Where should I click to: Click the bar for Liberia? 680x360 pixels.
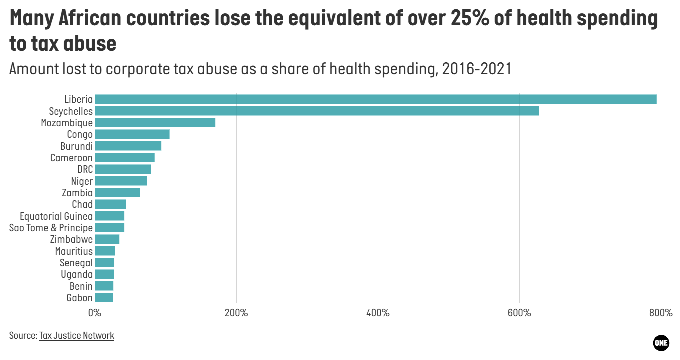pos(375,99)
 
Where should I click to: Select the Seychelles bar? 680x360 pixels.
pos(316,111)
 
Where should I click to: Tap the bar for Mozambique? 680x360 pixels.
pos(155,123)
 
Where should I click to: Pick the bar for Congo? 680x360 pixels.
pos(132,134)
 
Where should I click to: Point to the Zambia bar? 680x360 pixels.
pos(117,193)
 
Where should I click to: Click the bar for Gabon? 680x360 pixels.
pos(104,298)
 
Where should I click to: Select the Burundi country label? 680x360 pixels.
pos(76,146)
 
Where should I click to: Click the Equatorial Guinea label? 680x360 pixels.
pos(56,216)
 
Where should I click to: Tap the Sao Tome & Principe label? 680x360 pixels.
pos(51,228)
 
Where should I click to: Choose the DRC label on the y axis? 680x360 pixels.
pos(85,169)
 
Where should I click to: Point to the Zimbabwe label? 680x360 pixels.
pos(71,239)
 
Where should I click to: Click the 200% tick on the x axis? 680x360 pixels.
pos(236,313)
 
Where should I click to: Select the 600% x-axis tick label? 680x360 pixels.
pos(519,313)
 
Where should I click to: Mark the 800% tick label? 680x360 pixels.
pos(660,313)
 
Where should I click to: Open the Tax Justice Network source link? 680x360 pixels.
pos(77,336)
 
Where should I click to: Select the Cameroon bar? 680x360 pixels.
pos(124,158)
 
